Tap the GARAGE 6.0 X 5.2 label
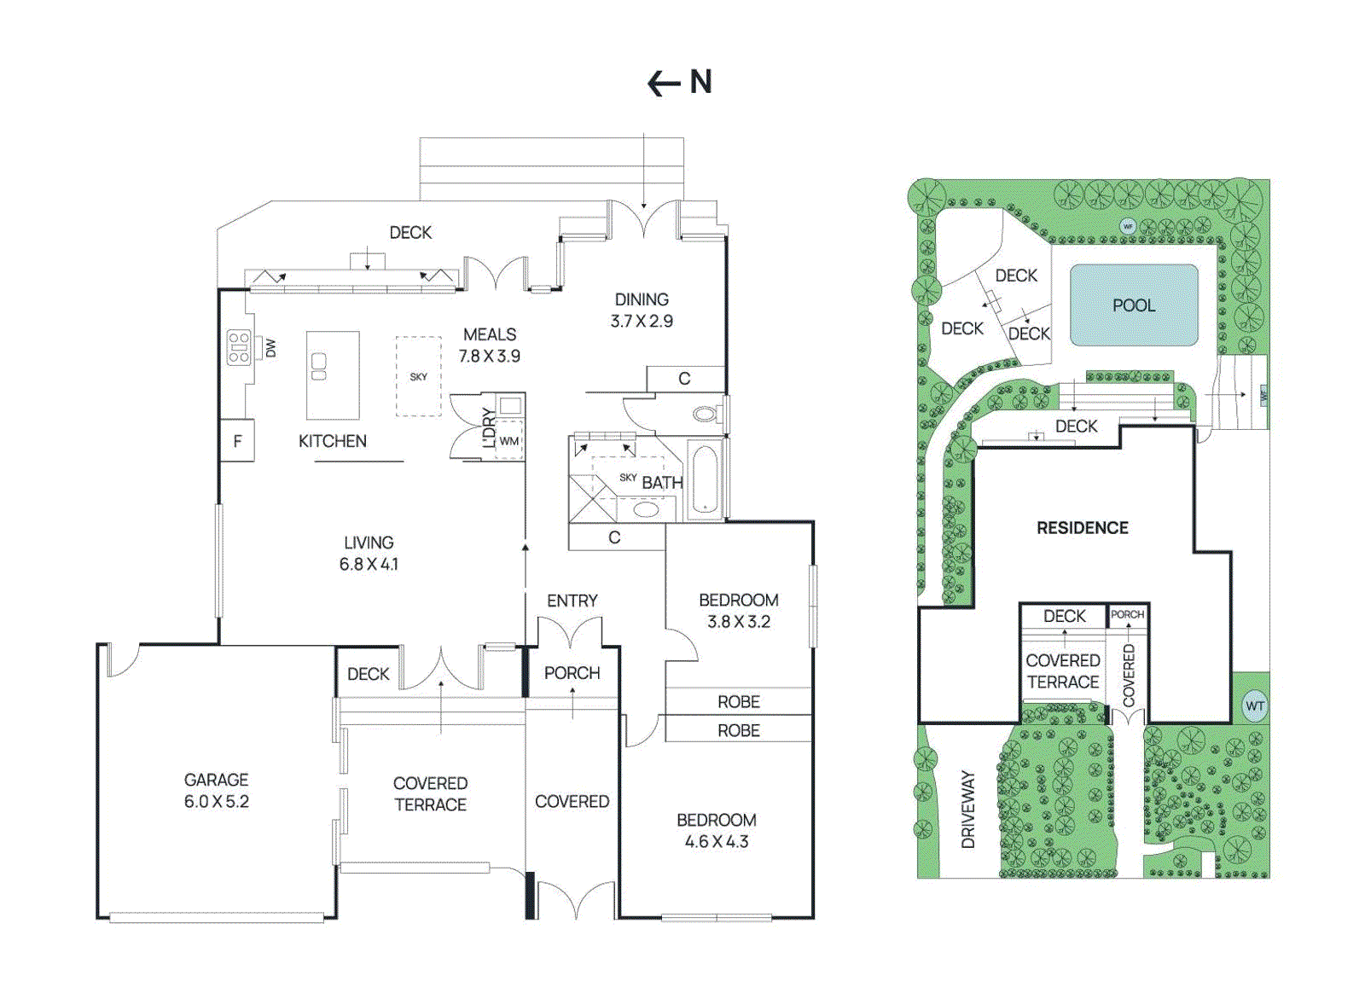click(x=217, y=791)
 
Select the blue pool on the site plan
click(x=1133, y=305)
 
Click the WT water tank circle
click(x=1254, y=706)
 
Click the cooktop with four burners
click(x=239, y=348)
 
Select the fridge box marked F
click(x=237, y=441)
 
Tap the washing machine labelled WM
click(x=509, y=441)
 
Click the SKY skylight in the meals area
click(x=418, y=376)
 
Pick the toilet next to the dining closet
click(x=706, y=415)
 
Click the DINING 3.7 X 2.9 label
click(x=642, y=310)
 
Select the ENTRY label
click(x=572, y=601)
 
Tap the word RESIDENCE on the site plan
click(x=1082, y=528)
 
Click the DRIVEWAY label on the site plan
click(x=967, y=810)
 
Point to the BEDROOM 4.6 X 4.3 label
click(x=716, y=830)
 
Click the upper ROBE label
click(x=738, y=701)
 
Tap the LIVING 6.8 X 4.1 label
click(x=369, y=553)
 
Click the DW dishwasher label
click(x=270, y=348)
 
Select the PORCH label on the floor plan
click(x=572, y=673)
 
